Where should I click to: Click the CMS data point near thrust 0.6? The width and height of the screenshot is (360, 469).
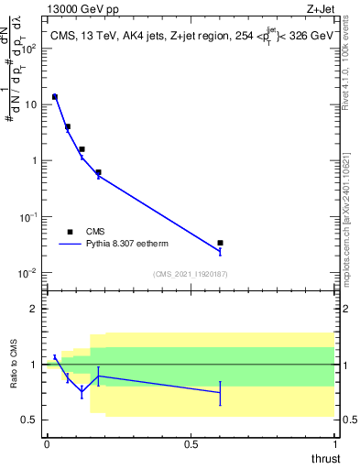pos(220,243)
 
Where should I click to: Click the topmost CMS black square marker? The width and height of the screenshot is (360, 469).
pos(55,96)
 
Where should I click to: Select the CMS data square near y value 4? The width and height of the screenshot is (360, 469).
pos(68,127)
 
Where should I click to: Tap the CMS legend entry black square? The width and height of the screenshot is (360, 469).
pos(70,232)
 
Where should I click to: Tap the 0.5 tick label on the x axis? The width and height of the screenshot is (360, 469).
pos(191,444)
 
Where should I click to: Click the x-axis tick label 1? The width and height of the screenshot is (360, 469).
pos(334,444)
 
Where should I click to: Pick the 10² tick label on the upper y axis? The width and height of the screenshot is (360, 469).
pos(31,48)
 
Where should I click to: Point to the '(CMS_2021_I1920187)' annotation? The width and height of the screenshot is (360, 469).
pos(190,274)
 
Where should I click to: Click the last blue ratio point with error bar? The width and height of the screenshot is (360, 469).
pos(220,392)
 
